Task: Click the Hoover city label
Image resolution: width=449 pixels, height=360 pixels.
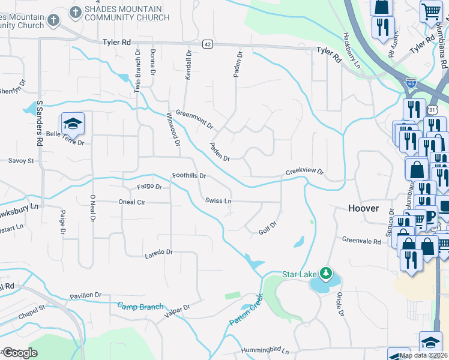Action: click(x=364, y=208)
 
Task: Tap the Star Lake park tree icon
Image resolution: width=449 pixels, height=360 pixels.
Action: click(x=326, y=274)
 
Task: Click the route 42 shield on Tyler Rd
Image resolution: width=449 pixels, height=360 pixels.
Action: click(x=207, y=44)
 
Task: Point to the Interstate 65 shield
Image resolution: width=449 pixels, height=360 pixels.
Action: click(x=411, y=83)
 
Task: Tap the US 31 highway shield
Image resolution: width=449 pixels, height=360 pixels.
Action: click(x=433, y=110)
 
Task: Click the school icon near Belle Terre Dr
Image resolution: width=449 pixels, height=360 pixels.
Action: click(x=73, y=123)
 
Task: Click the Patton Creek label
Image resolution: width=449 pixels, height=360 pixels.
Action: click(x=246, y=310)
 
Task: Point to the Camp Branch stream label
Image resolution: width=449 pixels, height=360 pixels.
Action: click(x=140, y=307)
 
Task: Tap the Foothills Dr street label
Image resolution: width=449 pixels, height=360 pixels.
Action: click(x=189, y=176)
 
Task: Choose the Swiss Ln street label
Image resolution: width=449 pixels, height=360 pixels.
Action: click(x=218, y=200)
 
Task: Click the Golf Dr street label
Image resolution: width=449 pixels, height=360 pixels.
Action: click(x=267, y=227)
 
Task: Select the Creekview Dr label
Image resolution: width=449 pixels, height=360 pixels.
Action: click(x=304, y=171)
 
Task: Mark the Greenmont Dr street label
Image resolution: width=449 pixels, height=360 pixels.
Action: click(x=194, y=118)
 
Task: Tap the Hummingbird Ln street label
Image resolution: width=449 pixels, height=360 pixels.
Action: click(x=265, y=350)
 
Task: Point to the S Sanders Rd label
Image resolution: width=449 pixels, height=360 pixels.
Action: click(x=40, y=124)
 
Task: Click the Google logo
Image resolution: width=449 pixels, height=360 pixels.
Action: click(x=20, y=353)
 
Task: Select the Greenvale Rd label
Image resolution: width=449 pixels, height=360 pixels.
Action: click(x=361, y=241)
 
